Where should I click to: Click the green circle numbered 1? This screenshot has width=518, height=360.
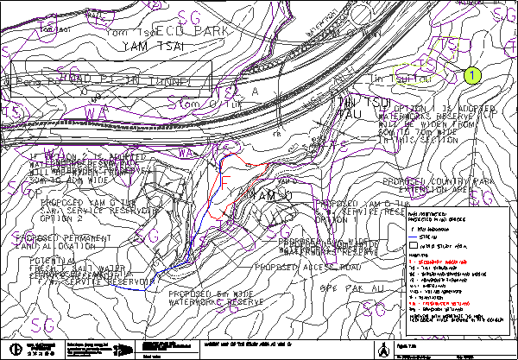click(471, 76)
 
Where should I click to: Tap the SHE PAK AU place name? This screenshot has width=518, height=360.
click(346, 287)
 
